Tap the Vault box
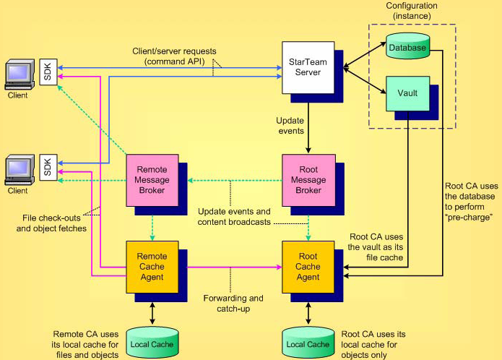(x=407, y=93)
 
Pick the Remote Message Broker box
(x=152, y=179)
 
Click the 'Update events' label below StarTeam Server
(x=292, y=125)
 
